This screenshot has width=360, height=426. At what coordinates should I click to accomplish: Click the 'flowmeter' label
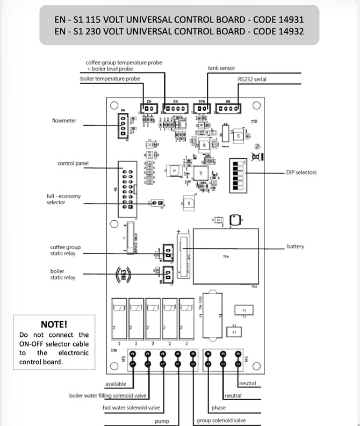[64, 121]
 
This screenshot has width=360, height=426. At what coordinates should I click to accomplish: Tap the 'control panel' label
[73, 163]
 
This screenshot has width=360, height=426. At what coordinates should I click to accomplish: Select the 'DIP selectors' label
[301, 172]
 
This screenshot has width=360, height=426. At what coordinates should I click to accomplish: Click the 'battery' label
[296, 247]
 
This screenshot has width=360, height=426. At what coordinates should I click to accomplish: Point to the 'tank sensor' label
[221, 68]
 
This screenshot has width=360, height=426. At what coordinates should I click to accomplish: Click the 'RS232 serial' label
[252, 80]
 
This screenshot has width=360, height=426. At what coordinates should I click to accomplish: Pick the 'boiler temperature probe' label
[110, 79]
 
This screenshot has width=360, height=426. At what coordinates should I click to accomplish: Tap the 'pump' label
[162, 421]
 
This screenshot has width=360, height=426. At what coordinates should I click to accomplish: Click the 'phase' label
[218, 408]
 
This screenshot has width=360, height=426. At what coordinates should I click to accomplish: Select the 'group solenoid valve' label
[221, 421]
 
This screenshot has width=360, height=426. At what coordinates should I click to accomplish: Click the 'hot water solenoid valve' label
[131, 408]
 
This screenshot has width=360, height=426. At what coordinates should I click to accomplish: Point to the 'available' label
[116, 384]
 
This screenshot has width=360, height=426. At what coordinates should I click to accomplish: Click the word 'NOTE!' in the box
[54, 324]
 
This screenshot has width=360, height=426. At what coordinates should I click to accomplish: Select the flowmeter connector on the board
[124, 126]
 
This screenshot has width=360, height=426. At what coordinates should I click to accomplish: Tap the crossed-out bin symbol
[257, 156]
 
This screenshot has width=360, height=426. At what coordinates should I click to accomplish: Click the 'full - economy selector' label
[63, 199]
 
